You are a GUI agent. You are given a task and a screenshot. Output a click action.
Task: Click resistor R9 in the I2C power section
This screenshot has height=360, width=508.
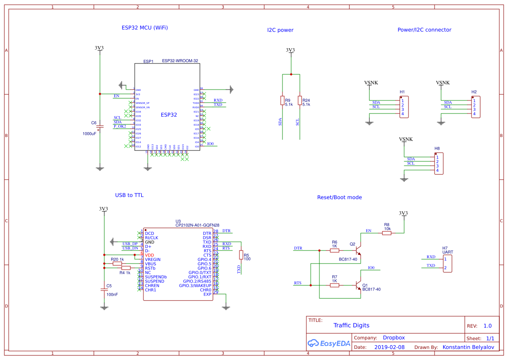282,100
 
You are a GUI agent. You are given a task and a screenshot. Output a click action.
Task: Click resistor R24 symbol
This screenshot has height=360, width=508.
299,100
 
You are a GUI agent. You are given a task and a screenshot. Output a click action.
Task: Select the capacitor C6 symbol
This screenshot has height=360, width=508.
100,127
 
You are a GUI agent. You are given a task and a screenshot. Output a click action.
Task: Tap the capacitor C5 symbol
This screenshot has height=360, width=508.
104,289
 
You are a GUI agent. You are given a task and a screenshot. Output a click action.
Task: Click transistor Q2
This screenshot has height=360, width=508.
358,250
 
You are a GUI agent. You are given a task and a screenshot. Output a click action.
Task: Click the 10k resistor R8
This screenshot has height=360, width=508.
387,233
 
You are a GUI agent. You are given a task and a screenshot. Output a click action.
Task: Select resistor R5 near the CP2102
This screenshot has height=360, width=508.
241,255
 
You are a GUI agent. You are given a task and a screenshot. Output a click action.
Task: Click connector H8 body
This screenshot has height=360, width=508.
440,163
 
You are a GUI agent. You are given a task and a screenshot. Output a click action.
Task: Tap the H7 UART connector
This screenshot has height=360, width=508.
448,263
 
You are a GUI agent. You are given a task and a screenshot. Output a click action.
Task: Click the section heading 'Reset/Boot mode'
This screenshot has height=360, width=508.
339,197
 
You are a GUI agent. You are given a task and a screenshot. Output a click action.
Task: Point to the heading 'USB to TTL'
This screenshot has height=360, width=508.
129,195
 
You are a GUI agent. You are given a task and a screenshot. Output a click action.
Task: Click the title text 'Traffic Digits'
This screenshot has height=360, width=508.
351,325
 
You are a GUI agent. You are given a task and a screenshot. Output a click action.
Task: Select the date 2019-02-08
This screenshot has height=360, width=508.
389,347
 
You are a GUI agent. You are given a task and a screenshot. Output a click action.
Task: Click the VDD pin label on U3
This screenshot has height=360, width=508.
149,255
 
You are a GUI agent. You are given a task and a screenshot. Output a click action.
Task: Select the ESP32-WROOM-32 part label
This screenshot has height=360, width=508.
180,61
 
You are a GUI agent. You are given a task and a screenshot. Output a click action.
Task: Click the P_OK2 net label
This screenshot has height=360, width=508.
120,126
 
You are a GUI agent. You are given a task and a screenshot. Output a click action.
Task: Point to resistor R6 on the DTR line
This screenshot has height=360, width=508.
335,250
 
